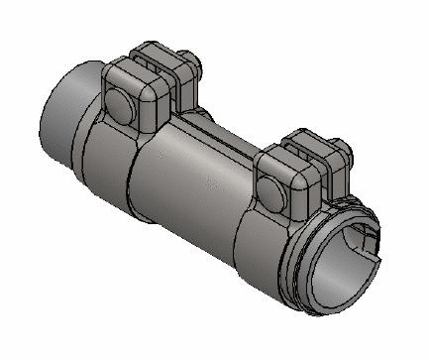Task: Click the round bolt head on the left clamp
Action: click(120, 104)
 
